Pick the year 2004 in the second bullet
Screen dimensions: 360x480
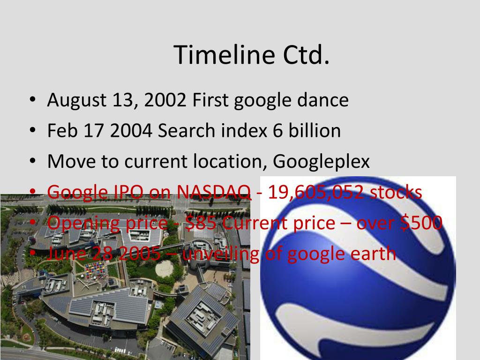pyautogui.click(x=131, y=131)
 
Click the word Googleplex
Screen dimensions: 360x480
pyautogui.click(x=322, y=162)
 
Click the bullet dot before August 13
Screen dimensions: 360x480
pyautogui.click(x=32, y=101)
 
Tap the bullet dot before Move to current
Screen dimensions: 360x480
pyautogui.click(x=32, y=162)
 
